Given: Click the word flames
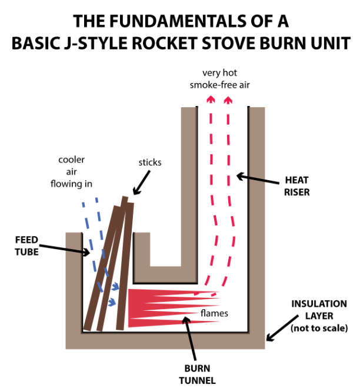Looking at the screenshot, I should [x=214, y=313].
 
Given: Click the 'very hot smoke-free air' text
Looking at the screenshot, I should [x=217, y=79].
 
